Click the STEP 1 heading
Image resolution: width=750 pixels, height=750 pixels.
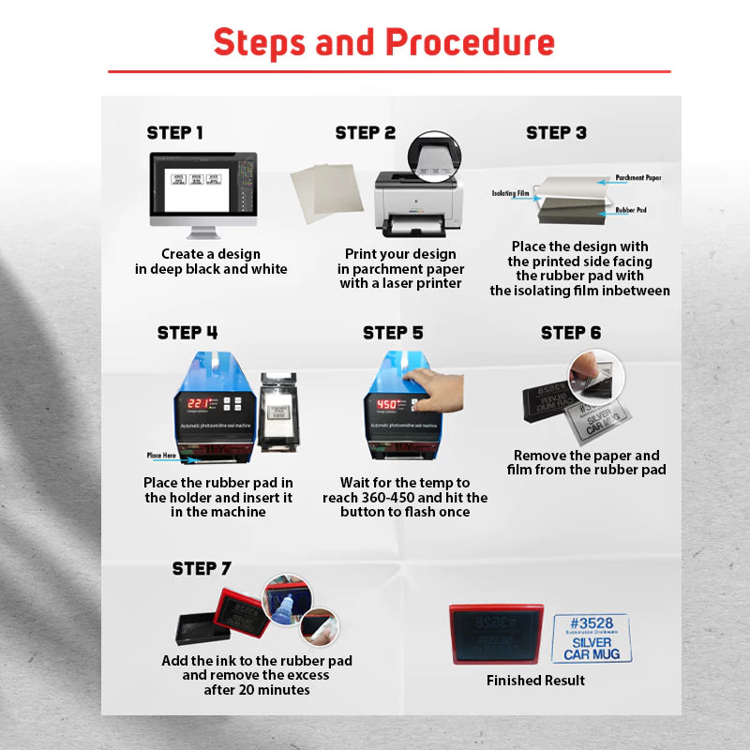[x=174, y=133]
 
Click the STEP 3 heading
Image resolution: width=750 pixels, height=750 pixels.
[x=556, y=133]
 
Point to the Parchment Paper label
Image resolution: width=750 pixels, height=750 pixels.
[x=638, y=177]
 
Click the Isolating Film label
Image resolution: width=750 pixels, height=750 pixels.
[x=511, y=194]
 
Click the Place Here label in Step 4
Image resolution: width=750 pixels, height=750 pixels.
[x=161, y=456]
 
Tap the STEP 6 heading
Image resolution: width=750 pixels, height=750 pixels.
[x=571, y=333]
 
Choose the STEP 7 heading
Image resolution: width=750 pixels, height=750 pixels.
[x=202, y=569]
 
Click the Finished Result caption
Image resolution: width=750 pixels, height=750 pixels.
[x=535, y=681]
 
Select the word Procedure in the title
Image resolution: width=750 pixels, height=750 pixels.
[x=470, y=42]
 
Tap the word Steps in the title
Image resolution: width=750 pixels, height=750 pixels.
[x=260, y=42]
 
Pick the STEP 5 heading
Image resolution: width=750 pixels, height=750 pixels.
[x=393, y=333]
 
